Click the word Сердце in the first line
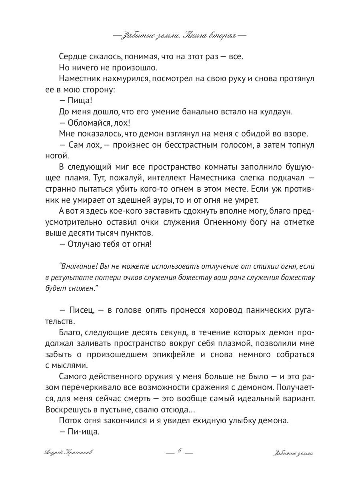[x=71, y=57]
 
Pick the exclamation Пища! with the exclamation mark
[x=78, y=100]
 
